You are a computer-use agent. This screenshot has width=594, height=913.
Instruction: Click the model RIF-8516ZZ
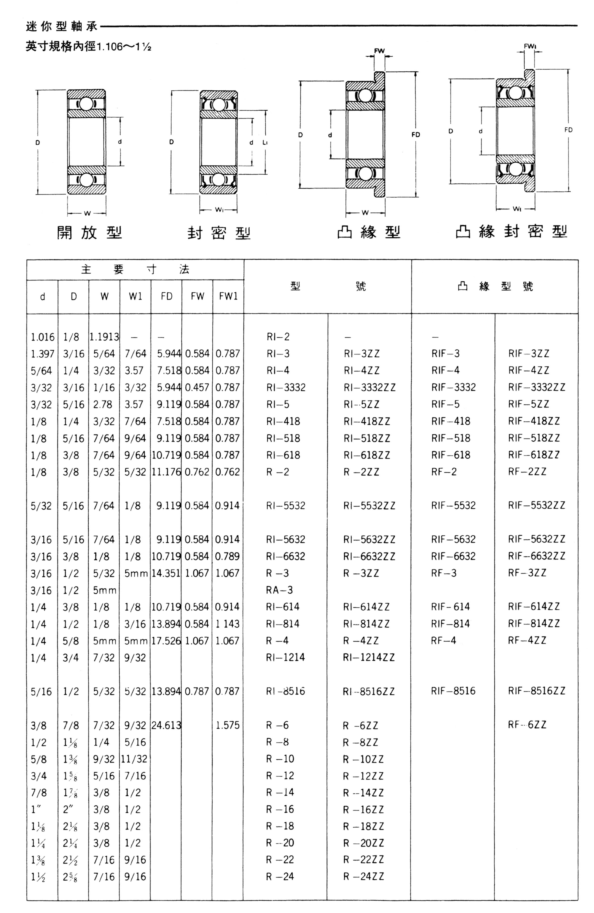click(536, 691)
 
